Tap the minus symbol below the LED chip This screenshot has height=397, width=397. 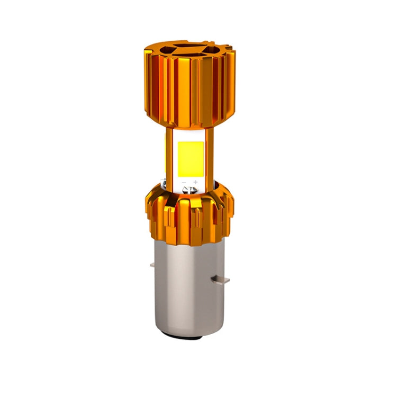(x=184, y=183)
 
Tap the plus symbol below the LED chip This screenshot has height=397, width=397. (x=195, y=182)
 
